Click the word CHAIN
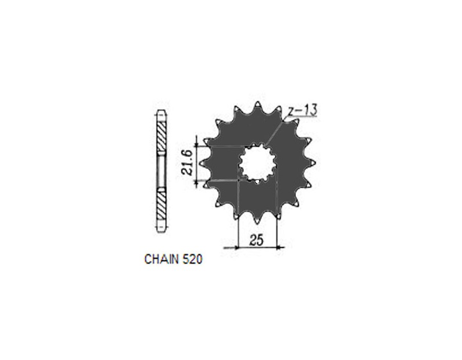tap(162, 259)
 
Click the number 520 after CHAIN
tap(192, 259)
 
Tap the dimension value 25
tap(256, 240)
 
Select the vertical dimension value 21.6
tap(187, 162)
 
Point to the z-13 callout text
tap(302, 110)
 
